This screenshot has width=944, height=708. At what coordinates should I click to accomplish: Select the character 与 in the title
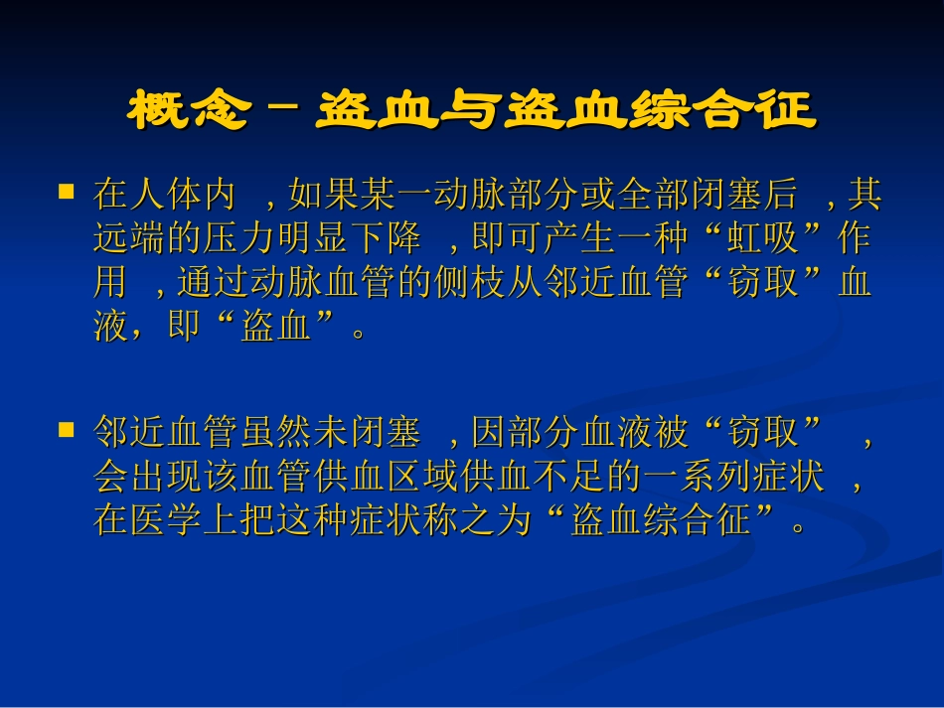(475, 110)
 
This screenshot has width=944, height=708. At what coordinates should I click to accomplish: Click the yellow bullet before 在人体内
(68, 189)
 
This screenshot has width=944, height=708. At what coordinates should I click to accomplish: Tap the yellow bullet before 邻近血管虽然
(68, 429)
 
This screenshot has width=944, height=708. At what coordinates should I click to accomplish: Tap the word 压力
(255, 239)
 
